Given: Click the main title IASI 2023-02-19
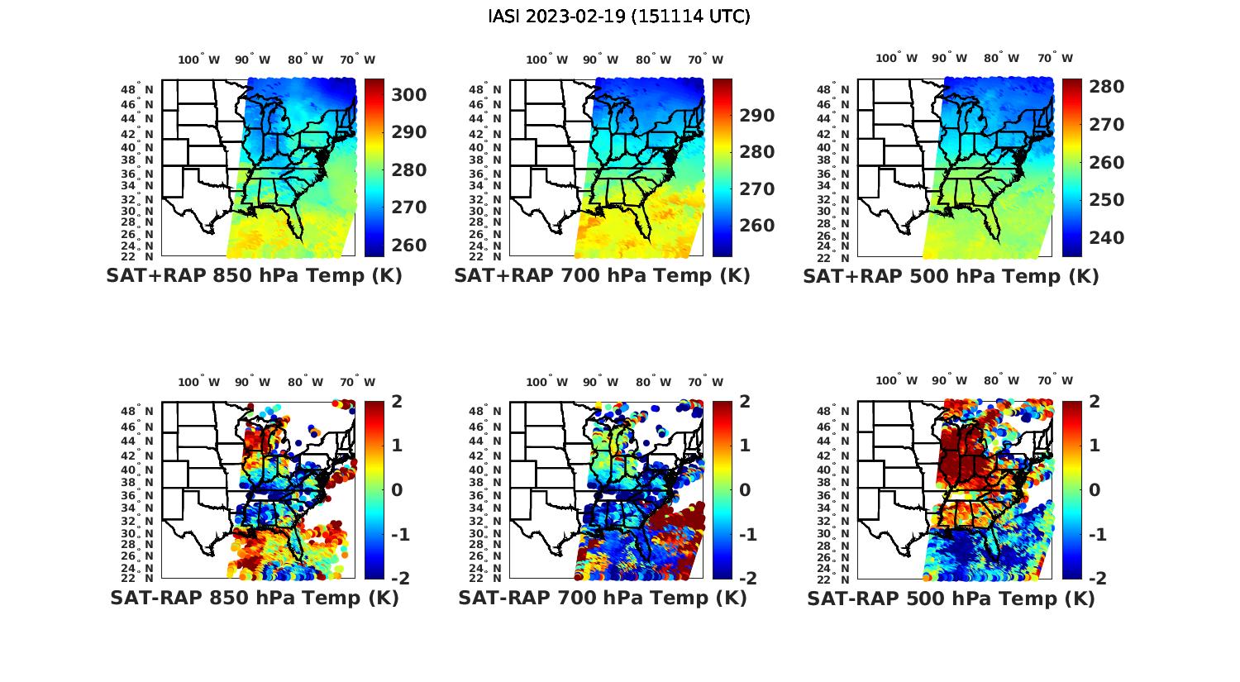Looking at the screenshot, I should coord(619,17).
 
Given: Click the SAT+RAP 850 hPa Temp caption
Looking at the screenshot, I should coord(254,276).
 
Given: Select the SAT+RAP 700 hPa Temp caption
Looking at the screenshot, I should coord(602,276).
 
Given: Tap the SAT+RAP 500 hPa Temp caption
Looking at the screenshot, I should coord(951,276).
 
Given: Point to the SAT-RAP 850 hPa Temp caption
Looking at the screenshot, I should coord(255,599).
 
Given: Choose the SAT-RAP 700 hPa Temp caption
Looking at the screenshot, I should coord(603,599).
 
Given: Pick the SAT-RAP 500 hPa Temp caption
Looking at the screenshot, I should coord(951,599).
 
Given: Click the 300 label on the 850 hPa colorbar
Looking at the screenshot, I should coord(409,95).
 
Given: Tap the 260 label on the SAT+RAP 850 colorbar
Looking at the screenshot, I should coord(409,246).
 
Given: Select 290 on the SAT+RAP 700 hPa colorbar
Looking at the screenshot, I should coord(757,116).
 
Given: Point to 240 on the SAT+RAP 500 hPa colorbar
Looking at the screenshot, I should coord(1106,238).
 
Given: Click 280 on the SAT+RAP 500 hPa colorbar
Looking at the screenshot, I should coord(1106,87).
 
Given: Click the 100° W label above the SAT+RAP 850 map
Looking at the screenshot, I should coord(199,60).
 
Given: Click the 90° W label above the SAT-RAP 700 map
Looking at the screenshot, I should coord(600,382).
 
